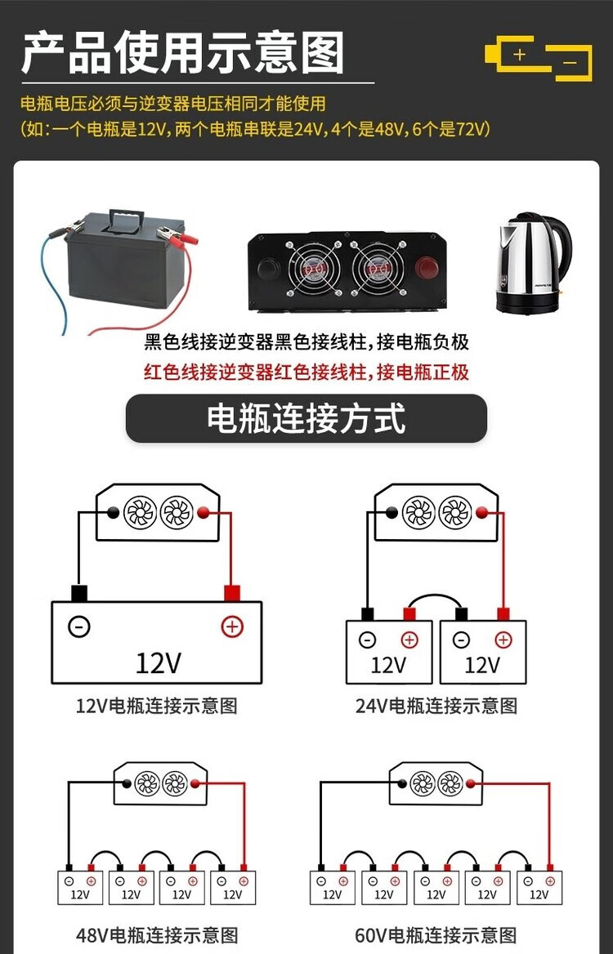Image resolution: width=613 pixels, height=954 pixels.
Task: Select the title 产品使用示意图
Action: click(183, 53)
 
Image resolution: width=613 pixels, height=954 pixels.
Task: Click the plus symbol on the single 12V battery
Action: click(233, 626)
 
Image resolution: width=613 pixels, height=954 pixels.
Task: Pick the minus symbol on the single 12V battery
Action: click(79, 626)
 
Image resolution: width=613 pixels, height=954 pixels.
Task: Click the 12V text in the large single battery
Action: click(158, 662)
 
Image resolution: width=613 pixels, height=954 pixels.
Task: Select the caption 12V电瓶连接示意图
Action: click(157, 706)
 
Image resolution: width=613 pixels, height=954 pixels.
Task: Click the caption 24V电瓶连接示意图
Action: click(436, 706)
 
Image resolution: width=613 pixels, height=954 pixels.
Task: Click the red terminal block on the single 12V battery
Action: click(232, 593)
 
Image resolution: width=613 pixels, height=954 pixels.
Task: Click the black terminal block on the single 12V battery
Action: click(79, 593)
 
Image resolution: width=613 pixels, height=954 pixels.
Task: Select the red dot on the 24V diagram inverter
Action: click(482, 512)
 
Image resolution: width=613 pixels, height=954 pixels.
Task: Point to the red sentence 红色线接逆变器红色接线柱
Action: click(306, 372)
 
